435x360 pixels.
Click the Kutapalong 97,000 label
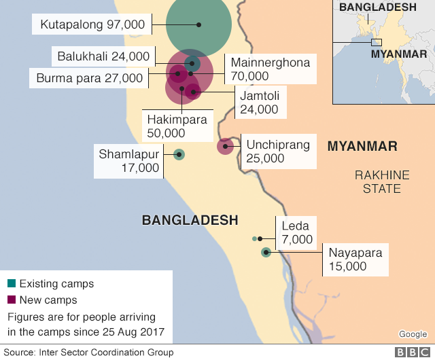point(92,24)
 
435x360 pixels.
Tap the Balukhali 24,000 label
point(103,56)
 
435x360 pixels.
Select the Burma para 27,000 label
point(90,78)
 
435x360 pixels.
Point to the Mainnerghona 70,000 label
point(270,69)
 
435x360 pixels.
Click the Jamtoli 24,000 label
point(259,101)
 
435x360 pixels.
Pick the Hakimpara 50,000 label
point(177,126)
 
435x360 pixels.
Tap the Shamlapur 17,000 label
point(128,160)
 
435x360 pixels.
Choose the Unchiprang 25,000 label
point(277,151)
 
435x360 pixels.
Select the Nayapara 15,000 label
point(355,259)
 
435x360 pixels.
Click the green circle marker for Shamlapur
point(179,154)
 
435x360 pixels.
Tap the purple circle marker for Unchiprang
point(225,145)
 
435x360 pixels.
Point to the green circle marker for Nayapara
point(266,253)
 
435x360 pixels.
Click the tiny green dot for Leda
point(254,238)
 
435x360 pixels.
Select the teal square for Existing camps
point(11,283)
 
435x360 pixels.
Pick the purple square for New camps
point(11,300)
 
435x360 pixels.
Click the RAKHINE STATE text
point(382,181)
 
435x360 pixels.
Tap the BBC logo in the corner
point(409,353)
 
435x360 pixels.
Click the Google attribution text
point(413,334)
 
